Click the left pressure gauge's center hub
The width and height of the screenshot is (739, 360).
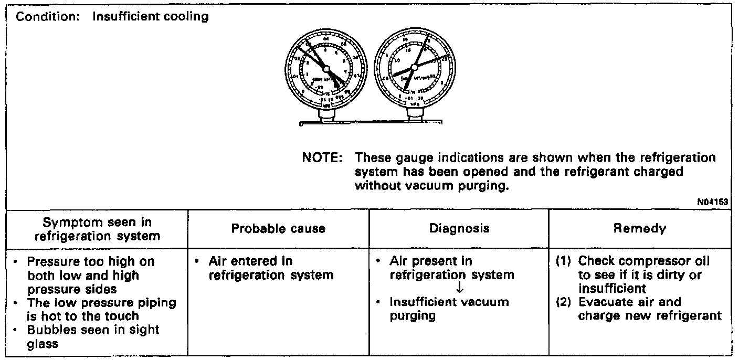coord(325,69)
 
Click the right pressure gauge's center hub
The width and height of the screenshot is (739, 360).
coord(414,67)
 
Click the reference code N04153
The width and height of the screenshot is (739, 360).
coord(717,201)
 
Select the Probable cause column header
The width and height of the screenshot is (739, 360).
coord(278,228)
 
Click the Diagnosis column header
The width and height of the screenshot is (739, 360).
coord(459,228)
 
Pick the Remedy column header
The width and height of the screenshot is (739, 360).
coord(639,228)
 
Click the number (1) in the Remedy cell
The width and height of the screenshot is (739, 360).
coord(564,261)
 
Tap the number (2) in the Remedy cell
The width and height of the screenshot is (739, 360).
coord(564,302)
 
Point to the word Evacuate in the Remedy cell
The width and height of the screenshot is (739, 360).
coord(604,302)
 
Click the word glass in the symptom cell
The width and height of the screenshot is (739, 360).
coord(43,344)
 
